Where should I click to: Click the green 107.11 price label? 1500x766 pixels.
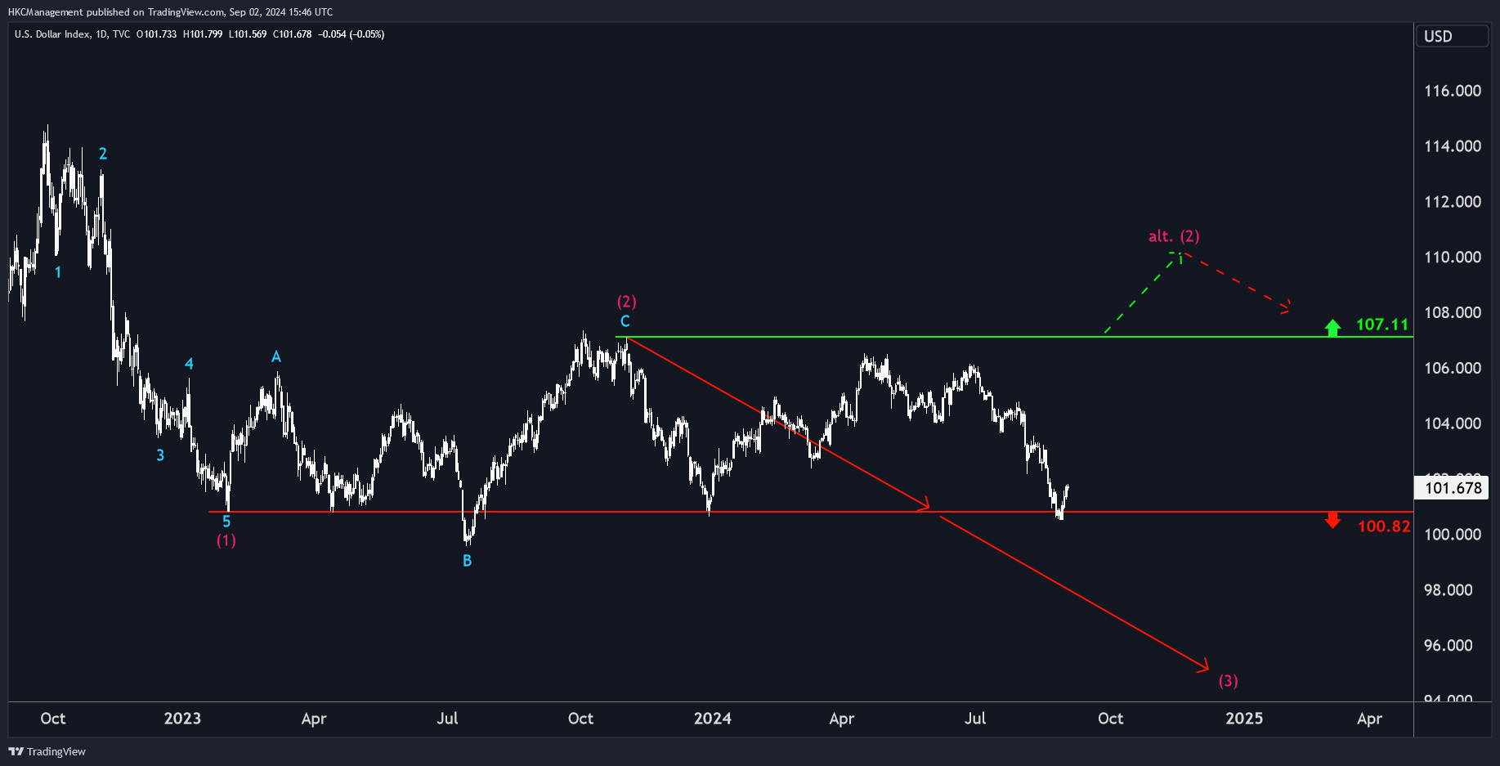click(x=1382, y=325)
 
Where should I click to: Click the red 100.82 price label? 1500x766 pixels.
click(x=1384, y=526)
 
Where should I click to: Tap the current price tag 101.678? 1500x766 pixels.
click(x=1453, y=488)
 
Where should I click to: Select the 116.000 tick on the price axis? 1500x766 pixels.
click(x=1453, y=91)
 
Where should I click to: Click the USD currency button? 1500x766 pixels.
click(x=1452, y=36)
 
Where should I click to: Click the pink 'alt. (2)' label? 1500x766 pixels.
click(x=1174, y=236)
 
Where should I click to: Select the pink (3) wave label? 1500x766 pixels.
click(x=1228, y=681)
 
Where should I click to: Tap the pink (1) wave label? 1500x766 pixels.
click(x=226, y=540)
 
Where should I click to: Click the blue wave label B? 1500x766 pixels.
click(x=467, y=561)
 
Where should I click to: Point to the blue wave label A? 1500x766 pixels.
click(x=276, y=357)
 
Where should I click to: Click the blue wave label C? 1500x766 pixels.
click(x=625, y=321)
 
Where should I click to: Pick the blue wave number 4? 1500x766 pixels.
click(x=189, y=364)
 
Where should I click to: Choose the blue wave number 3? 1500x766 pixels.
click(x=160, y=455)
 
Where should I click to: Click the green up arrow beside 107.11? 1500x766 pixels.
click(x=1332, y=328)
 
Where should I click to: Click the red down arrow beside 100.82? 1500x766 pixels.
click(x=1332, y=521)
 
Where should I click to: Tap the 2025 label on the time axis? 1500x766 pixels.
click(x=1244, y=719)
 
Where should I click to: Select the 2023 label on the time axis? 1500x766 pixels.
click(x=182, y=719)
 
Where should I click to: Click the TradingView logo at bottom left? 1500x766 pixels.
click(x=47, y=751)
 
